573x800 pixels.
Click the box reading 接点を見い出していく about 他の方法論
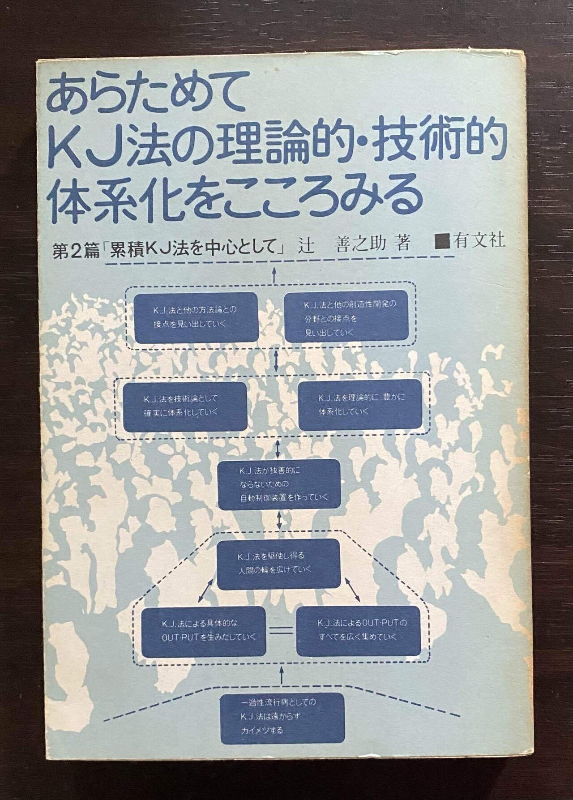(x=197, y=317)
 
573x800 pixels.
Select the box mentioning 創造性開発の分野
(x=346, y=317)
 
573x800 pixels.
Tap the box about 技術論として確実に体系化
(x=185, y=406)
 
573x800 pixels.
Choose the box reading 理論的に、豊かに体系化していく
(x=359, y=403)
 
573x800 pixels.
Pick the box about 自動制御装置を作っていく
(x=278, y=484)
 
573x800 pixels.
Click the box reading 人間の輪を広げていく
(x=278, y=564)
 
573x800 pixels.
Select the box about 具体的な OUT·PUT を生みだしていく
(x=204, y=630)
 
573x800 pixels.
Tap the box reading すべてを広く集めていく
(x=358, y=630)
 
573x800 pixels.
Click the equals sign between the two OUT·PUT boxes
(x=282, y=630)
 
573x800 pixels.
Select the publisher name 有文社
(x=479, y=241)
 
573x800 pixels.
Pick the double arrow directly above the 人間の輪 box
(x=279, y=521)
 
